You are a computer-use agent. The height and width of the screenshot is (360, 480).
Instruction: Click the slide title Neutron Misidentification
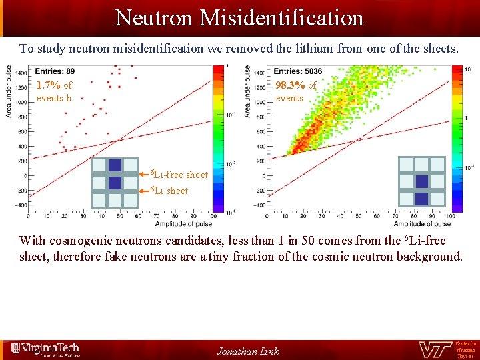(x=239, y=17)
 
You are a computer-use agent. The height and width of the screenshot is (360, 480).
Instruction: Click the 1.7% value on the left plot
(x=49, y=85)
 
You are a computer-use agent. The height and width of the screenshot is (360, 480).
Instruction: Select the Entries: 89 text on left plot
(x=55, y=71)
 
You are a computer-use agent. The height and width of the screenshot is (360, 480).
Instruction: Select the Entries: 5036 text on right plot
(x=298, y=71)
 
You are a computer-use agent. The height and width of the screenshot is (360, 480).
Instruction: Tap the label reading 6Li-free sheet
(x=178, y=175)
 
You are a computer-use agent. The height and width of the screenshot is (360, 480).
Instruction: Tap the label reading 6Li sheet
(x=169, y=191)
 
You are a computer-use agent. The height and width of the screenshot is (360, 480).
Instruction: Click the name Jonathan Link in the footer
(x=248, y=351)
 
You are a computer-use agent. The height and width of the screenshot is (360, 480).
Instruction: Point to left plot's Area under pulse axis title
(x=9, y=91)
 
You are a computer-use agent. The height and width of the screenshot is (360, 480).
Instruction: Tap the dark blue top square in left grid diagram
(x=115, y=166)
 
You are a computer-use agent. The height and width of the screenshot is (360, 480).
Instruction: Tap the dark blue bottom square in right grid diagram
(x=421, y=198)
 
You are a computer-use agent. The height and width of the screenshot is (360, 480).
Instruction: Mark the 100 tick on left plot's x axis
(x=212, y=216)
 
